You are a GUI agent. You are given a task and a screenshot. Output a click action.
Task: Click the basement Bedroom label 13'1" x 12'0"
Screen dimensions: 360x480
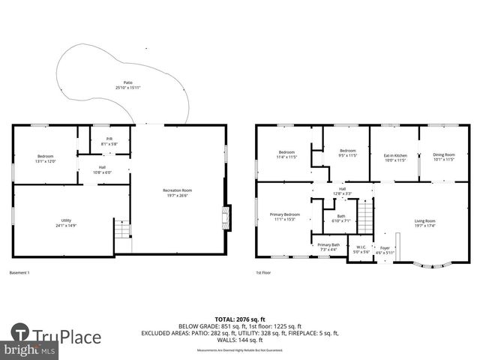[x=46, y=158]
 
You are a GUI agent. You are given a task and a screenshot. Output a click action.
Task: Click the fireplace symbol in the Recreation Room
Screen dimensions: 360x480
[x=223, y=218]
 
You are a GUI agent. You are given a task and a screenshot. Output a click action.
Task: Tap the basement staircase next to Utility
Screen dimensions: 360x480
[x=121, y=229]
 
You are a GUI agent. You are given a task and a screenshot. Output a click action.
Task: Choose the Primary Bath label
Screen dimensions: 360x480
[x=328, y=247]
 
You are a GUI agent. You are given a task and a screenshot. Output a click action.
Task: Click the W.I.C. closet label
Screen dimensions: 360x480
[x=361, y=249]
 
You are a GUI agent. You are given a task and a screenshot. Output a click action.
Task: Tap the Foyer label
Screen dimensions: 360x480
[x=385, y=250]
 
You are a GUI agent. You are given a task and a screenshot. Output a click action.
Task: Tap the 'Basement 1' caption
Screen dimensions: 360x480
[x=19, y=272]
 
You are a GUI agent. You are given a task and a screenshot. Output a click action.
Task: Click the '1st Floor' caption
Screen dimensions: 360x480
[x=263, y=272]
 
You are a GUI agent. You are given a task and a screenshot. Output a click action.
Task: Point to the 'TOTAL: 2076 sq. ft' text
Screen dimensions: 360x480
[x=240, y=319]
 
